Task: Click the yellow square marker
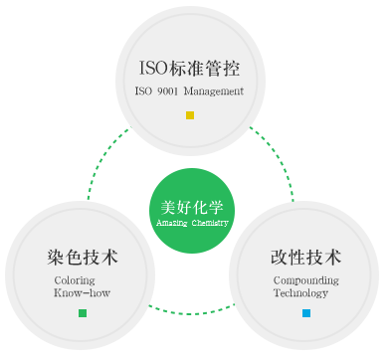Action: pos(190,115)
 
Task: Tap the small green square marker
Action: pos(83,314)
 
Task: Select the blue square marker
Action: pos(306,314)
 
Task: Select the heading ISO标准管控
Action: pos(189,70)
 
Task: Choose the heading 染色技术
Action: pos(83,258)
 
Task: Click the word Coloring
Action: pos(75,280)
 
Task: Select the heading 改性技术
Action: pos(306,258)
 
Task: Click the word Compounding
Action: pos(306,280)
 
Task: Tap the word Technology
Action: pos(300,294)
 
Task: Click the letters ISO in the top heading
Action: pos(155,70)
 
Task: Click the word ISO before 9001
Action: pos(143,91)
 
